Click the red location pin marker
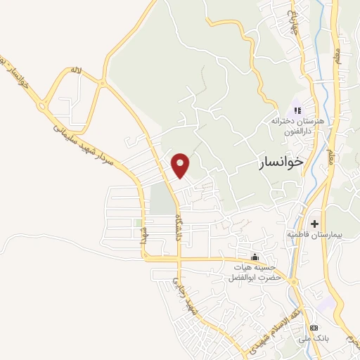coord(181,165)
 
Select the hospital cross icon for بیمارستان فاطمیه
coord(314,223)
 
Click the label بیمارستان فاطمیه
coord(314,234)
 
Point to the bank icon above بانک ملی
coord(314,328)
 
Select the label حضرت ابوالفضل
coord(253,278)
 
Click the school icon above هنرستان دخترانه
coord(297,110)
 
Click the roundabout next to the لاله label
coord(103,84)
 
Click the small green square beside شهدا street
coord(138,223)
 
